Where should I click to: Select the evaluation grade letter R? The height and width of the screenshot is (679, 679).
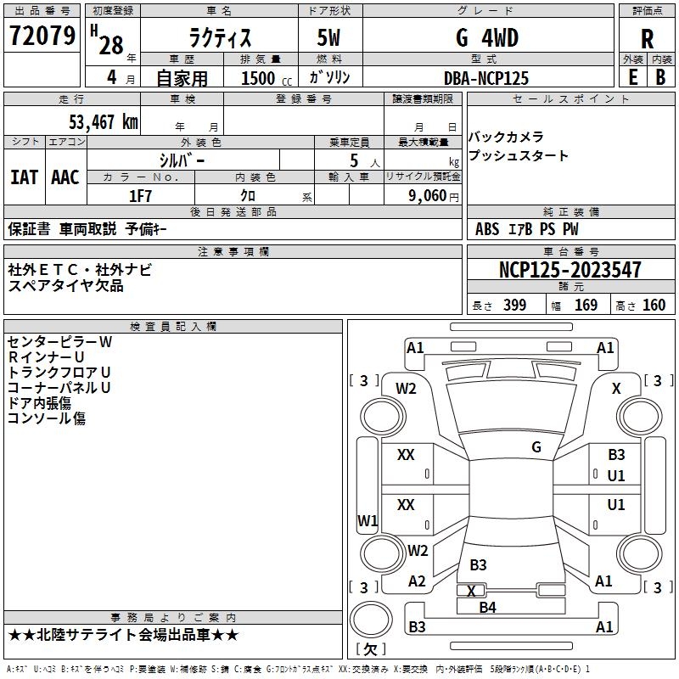pos(647,38)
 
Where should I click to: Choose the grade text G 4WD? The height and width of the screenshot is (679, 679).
pos(486,38)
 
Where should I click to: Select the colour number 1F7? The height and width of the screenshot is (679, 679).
pos(140,195)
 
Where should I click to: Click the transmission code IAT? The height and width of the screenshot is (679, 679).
pos(24,177)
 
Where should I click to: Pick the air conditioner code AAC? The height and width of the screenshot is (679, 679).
pos(65,177)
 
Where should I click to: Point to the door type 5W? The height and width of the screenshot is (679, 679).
pos(329,38)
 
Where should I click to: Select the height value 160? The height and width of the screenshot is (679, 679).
pos(654,306)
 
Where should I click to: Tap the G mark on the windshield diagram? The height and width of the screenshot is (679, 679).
pos(536,447)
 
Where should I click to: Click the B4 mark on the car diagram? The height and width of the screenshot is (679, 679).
pos(487,607)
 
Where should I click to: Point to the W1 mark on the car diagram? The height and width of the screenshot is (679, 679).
pos(368,519)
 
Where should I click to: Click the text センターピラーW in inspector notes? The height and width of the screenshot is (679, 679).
pos(59,342)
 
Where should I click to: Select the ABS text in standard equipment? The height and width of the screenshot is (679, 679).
pos(487,229)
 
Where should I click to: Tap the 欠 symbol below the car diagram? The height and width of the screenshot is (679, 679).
pos(369,649)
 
